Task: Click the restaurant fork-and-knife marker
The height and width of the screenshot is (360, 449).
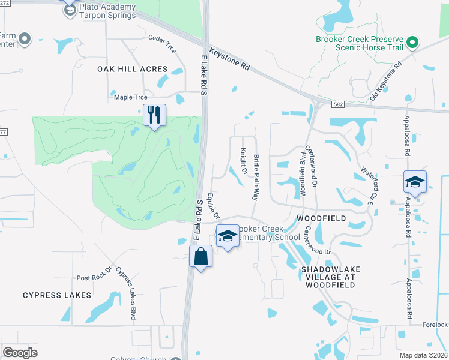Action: point(154,114)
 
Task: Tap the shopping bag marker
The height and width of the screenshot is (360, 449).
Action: point(200,257)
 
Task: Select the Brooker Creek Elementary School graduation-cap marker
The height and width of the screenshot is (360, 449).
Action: point(228,236)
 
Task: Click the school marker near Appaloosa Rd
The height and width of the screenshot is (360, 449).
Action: point(415,182)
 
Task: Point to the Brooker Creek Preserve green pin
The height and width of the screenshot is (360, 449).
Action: point(412,43)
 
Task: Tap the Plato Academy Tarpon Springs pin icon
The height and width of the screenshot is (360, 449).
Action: point(70,9)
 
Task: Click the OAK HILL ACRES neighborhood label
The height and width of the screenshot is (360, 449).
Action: point(133,70)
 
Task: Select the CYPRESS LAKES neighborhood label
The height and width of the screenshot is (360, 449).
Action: point(57,295)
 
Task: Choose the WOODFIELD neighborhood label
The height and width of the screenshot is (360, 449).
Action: point(321,218)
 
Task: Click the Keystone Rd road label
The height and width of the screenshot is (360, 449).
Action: point(228,57)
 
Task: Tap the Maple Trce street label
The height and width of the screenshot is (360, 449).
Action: point(130,97)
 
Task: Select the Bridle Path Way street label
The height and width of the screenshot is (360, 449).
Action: point(256,176)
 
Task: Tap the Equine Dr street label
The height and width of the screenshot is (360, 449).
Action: point(214,206)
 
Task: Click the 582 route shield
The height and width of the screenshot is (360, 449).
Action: point(337,105)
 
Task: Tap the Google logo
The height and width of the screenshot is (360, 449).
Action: point(20,353)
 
